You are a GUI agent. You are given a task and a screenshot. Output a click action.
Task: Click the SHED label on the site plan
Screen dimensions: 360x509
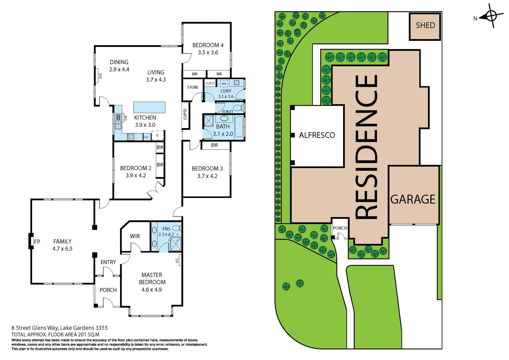point(425,25)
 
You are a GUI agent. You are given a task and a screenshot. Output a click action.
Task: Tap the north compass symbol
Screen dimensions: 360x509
point(491,16)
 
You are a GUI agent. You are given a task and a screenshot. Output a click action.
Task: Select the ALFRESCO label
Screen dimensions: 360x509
point(317,135)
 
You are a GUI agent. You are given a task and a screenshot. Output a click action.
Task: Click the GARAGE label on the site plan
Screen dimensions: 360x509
point(413,199)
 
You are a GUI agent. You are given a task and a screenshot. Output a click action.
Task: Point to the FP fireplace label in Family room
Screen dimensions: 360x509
point(37,242)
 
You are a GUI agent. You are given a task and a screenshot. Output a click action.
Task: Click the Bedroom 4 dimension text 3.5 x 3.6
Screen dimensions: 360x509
point(208,52)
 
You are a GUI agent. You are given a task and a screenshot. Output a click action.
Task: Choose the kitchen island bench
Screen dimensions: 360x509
point(149,107)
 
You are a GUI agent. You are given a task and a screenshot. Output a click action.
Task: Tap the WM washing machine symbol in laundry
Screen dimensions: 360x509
point(224,84)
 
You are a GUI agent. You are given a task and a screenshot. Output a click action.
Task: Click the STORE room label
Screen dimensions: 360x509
point(193,87)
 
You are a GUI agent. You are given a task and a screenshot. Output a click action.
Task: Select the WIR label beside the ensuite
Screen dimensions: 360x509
point(135,236)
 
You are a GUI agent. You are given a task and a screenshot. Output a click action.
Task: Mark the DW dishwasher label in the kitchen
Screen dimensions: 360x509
point(126,118)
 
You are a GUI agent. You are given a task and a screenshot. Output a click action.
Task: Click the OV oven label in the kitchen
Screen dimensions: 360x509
point(146,137)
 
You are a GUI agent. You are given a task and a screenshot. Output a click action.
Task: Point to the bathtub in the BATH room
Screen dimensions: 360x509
point(239,126)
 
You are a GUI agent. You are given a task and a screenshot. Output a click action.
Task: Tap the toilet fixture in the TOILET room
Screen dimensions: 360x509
point(239,108)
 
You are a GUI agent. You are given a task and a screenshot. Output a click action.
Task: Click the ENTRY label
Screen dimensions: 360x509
point(108,262)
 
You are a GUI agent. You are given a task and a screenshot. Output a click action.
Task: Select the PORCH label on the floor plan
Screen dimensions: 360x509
point(108,290)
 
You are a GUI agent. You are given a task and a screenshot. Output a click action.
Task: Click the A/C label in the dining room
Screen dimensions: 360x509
point(100,76)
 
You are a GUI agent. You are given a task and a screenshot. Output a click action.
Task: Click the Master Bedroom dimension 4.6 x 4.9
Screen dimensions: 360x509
point(152,289)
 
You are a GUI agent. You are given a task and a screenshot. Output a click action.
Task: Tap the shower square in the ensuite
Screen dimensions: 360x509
point(175,244)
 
